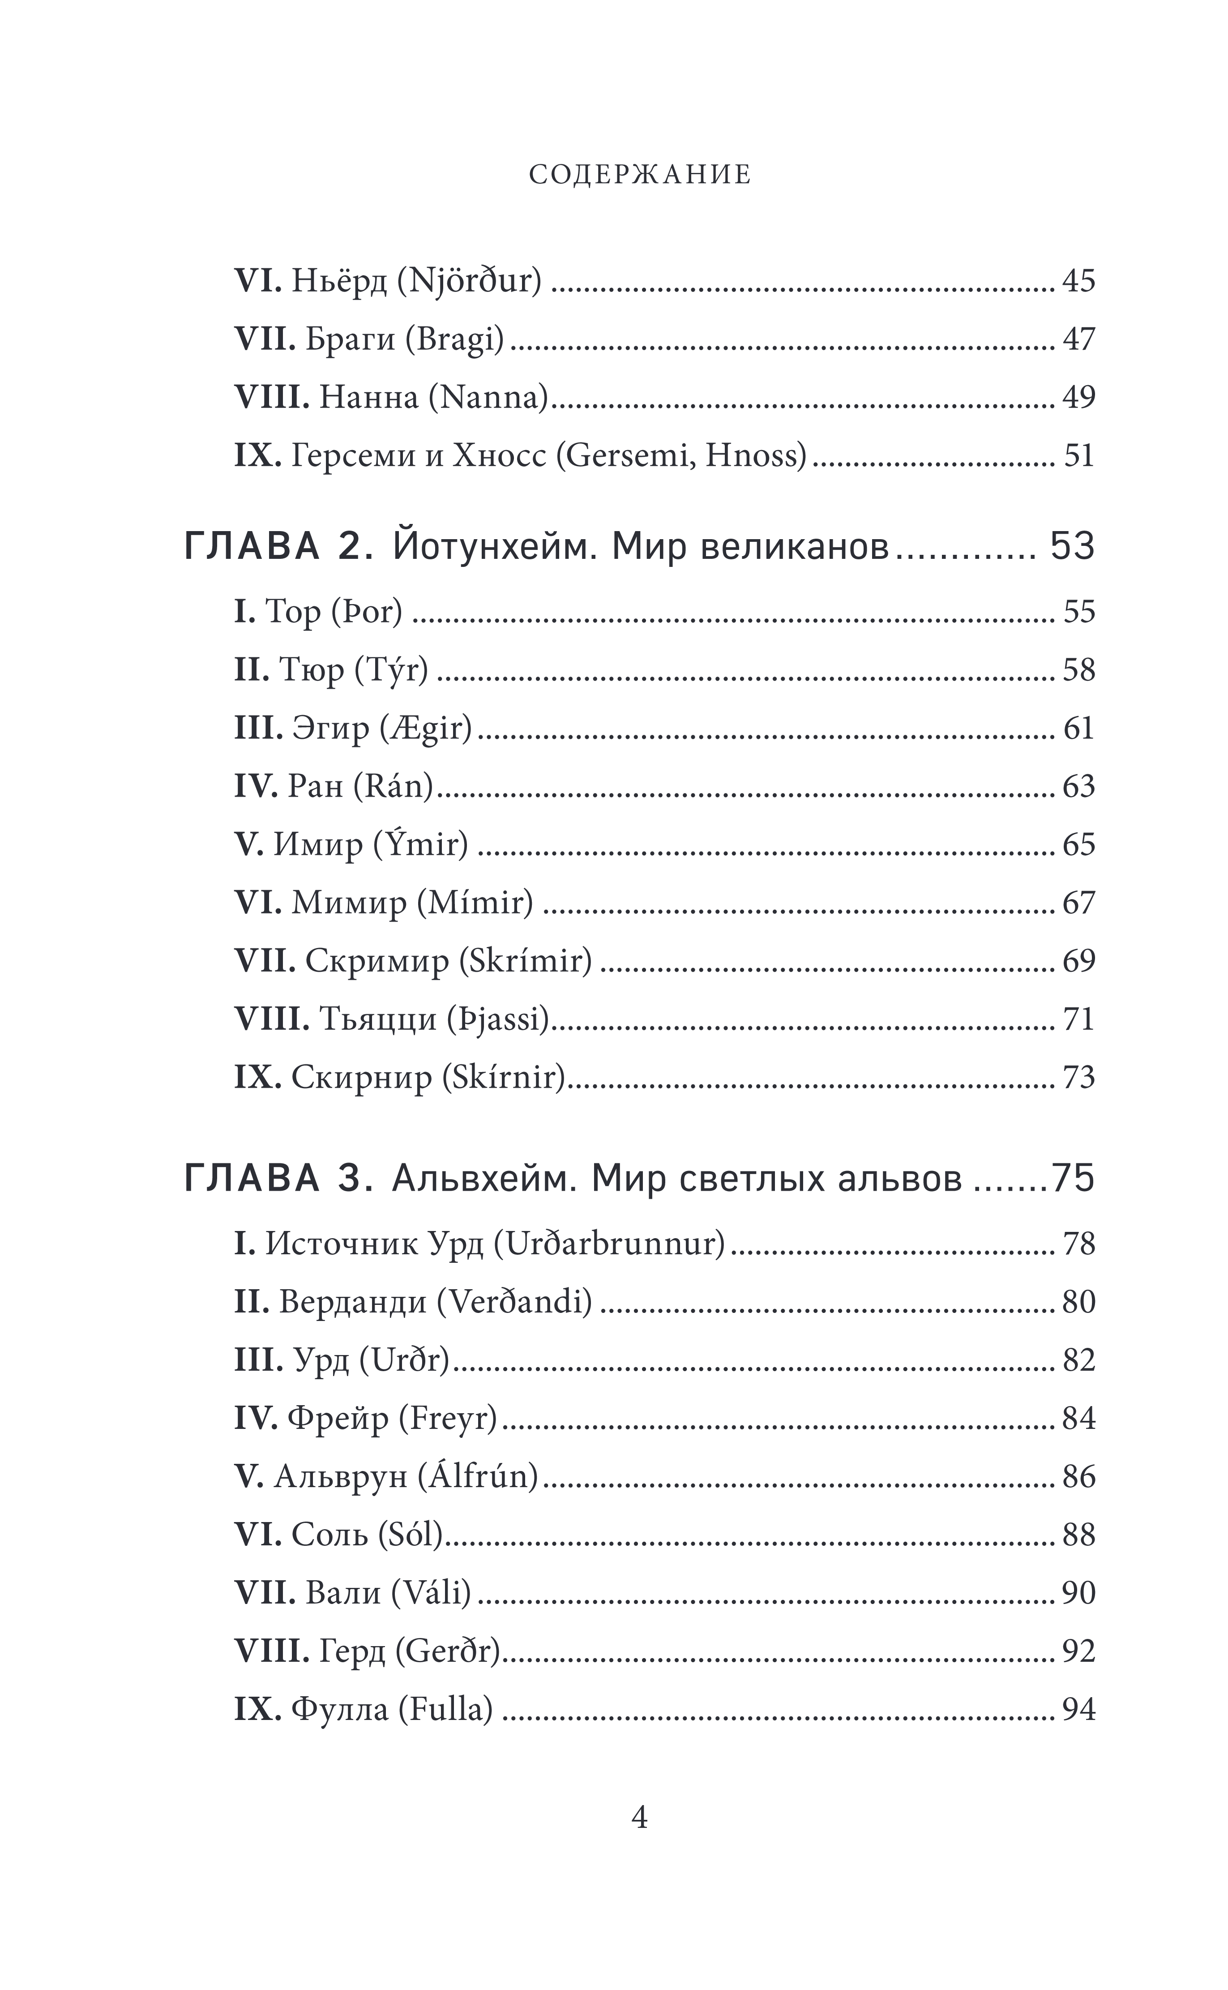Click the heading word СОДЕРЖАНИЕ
point(640,175)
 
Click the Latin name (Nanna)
point(489,397)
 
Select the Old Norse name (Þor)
point(367,612)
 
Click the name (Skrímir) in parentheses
point(526,961)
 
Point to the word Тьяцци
point(378,1019)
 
